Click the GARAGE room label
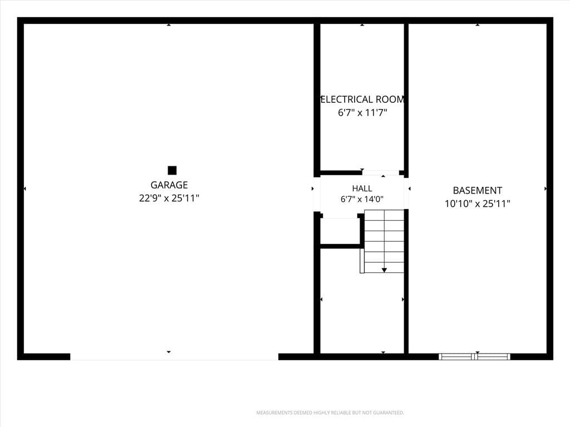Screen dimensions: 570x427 [169, 185]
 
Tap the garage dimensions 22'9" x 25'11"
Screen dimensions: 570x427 [169, 198]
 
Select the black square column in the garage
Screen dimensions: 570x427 [172, 170]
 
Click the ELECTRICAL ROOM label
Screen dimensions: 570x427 [362, 100]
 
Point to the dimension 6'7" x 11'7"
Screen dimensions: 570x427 [362, 112]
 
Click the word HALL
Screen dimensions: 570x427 [362, 188]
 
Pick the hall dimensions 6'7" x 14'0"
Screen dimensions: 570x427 [362, 199]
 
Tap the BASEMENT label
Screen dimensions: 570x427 [477, 190]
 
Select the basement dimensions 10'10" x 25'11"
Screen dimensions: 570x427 [477, 203]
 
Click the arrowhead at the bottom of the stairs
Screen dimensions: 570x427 [384, 270]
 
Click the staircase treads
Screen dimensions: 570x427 [384, 241]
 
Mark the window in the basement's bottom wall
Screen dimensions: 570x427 [474, 356]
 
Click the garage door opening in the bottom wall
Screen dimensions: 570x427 [174, 356]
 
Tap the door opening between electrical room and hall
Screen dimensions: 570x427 [381, 173]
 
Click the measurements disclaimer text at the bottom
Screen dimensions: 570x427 [330, 413]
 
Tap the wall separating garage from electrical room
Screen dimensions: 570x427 [317, 98]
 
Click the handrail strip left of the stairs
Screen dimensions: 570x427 [362, 261]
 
